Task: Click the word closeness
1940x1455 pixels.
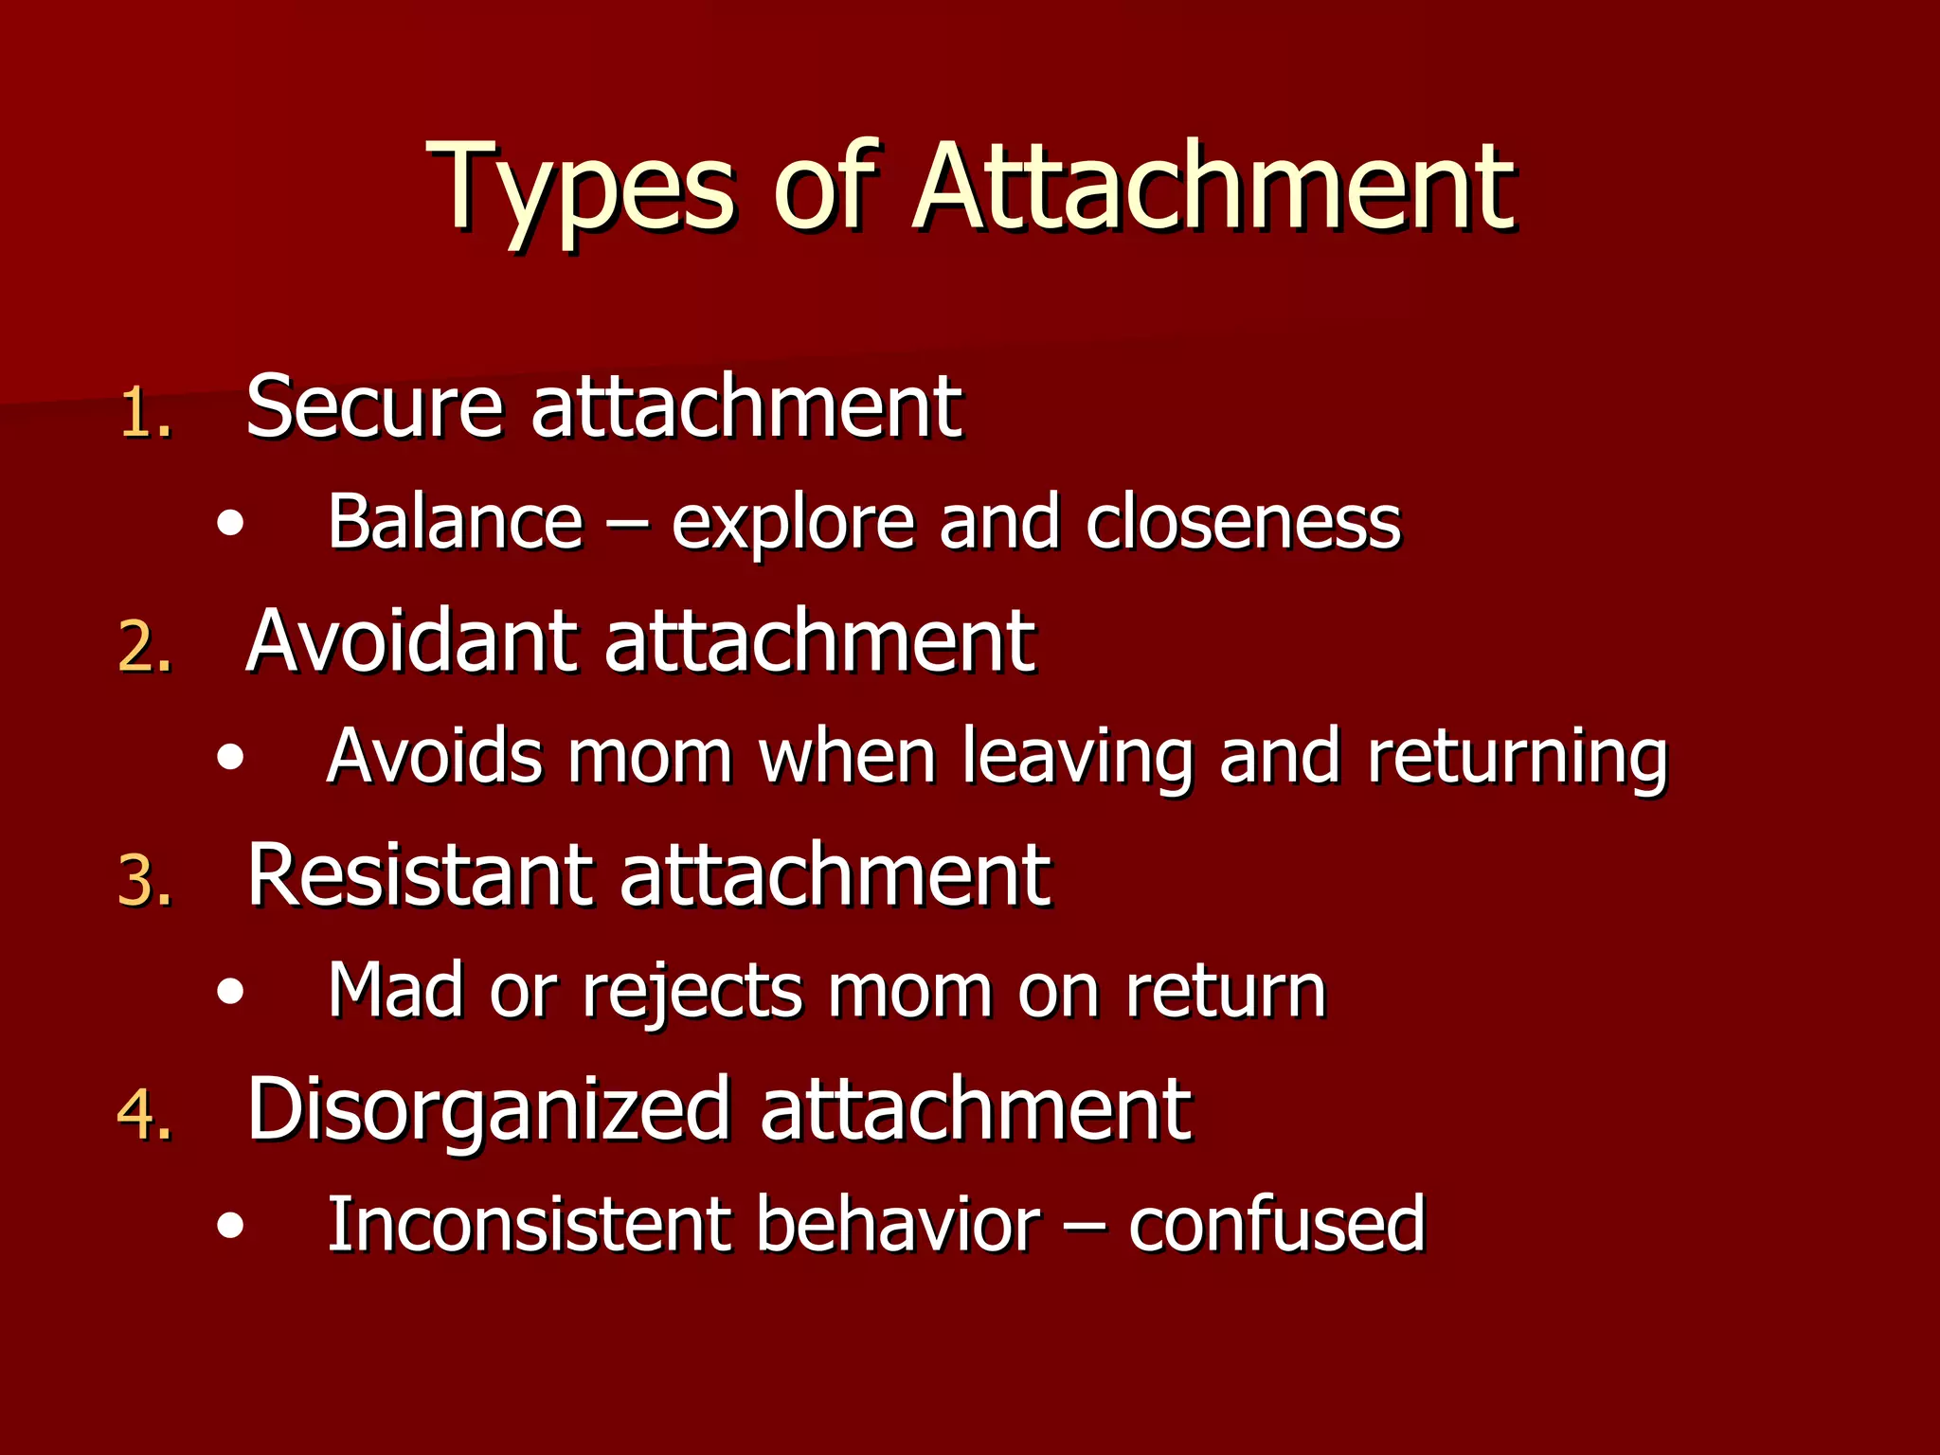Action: tap(1242, 523)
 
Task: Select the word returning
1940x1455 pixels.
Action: tap(1517, 758)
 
